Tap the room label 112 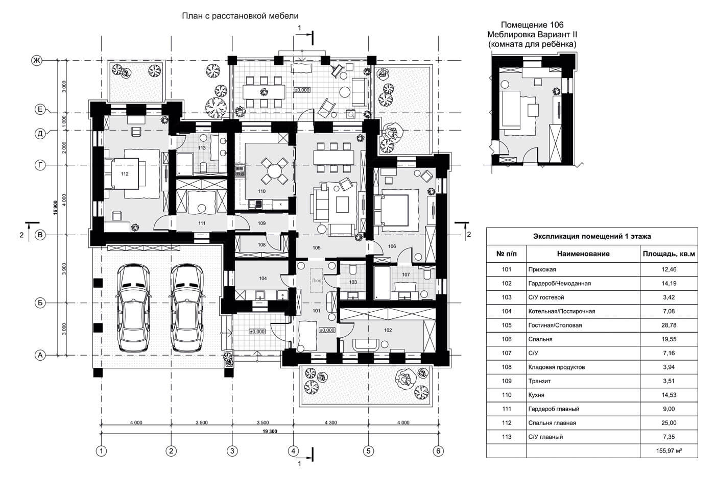(x=125, y=174)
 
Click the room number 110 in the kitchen (x=261, y=191)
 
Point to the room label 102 (x=388, y=330)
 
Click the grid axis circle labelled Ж (x=37, y=61)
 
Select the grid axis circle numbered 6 (x=438, y=451)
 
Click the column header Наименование (x=583, y=254)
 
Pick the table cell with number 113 (x=506, y=437)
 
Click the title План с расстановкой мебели (x=240, y=16)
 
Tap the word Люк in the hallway (x=316, y=280)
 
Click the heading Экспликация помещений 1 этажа (x=591, y=236)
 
